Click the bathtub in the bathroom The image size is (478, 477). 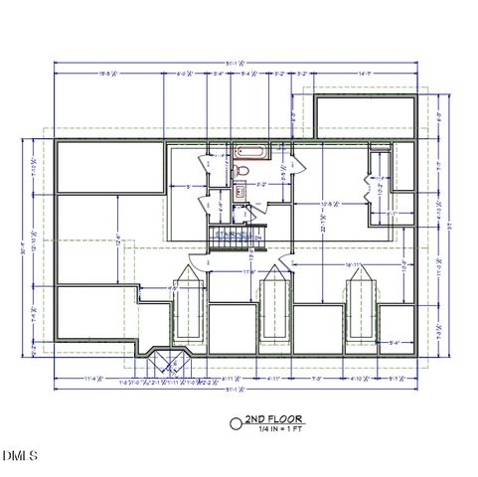tap(249, 153)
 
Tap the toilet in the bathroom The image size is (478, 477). tap(241, 172)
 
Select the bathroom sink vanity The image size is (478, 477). tap(240, 192)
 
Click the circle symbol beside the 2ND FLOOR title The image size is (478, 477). tap(236, 422)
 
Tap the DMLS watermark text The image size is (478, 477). tap(19, 456)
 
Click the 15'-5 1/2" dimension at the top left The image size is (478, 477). tap(108, 73)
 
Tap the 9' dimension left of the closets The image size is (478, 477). tap(189, 186)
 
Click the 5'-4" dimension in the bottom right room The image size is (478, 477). tap(395, 342)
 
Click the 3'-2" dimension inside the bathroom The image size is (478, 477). tap(260, 185)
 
